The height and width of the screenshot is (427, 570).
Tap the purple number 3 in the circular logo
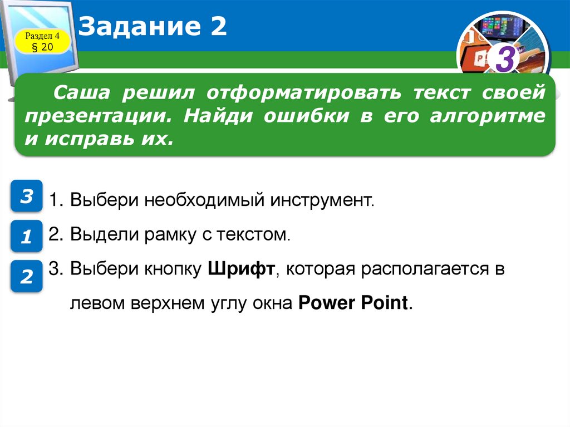pyautogui.click(x=504, y=61)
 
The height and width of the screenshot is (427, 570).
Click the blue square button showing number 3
pyautogui.click(x=26, y=196)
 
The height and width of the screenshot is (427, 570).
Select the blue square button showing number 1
pyautogui.click(x=26, y=237)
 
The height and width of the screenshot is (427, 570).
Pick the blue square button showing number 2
pyautogui.click(x=26, y=276)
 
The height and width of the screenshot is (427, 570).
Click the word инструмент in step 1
pyautogui.click(x=323, y=200)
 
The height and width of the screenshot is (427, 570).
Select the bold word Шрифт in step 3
pyautogui.click(x=242, y=269)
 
